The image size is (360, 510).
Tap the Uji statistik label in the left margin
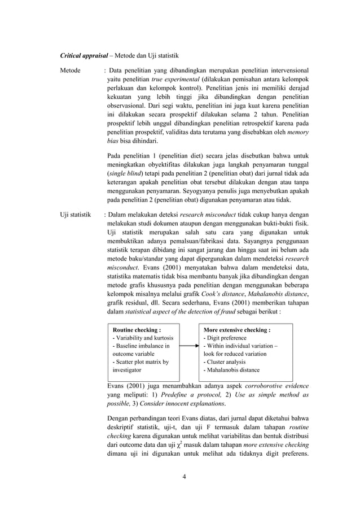(x=78, y=215)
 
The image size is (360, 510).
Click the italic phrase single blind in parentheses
(x=125, y=174)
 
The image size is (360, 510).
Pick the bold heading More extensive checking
(x=236, y=329)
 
